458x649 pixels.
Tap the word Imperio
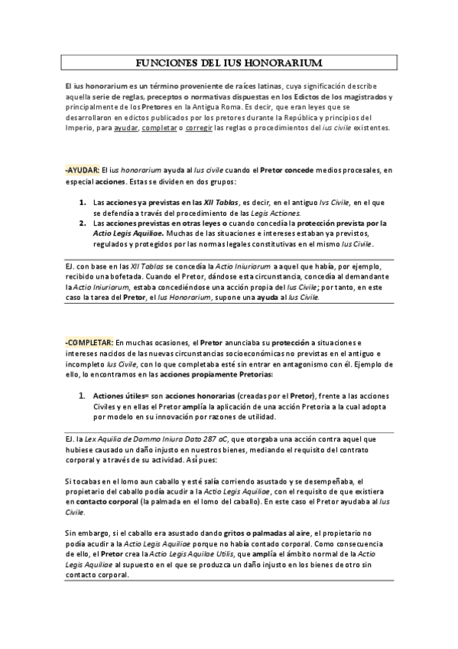(x=80, y=129)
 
